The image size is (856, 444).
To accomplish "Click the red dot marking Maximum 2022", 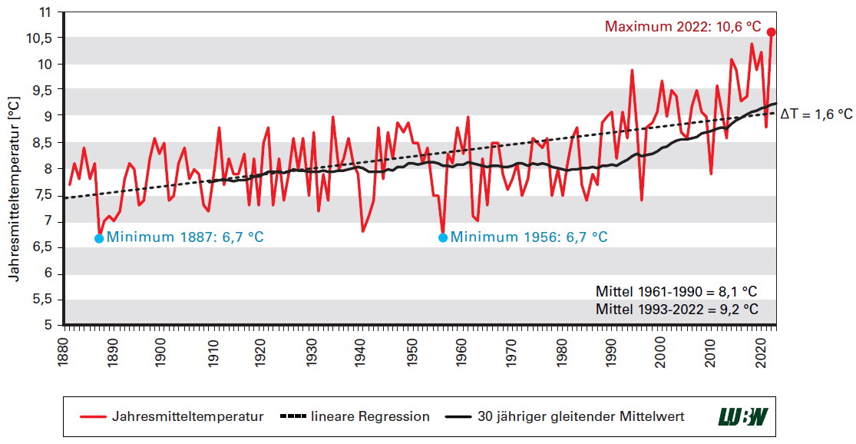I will click(772, 32).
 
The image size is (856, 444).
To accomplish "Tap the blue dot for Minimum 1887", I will click(99, 238).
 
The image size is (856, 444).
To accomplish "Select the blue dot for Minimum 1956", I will click(443, 238).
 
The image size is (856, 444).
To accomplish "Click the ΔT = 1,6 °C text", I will click(816, 114).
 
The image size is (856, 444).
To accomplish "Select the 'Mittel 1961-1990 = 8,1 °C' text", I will click(676, 293).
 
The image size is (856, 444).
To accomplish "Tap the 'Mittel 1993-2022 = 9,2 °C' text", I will click(676, 310).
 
